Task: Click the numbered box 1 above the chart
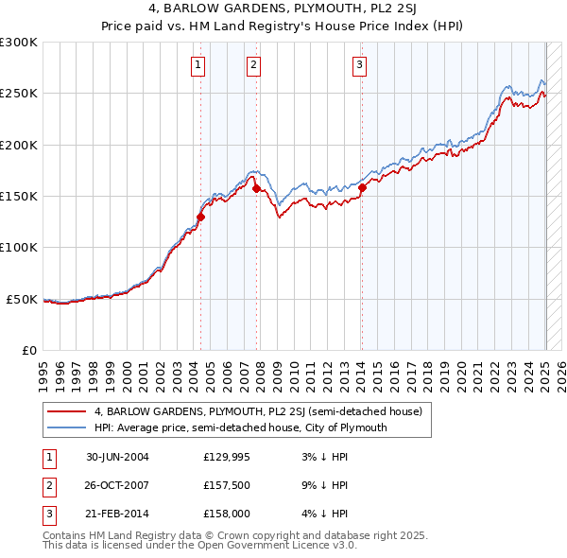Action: point(198,65)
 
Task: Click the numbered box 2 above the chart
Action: point(254,65)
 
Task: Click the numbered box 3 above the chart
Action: point(360,65)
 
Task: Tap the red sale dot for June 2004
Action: point(200,217)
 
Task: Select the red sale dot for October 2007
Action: point(256,189)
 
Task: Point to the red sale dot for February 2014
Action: point(362,188)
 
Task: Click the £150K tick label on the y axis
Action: point(19,196)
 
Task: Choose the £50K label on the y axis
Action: point(23,299)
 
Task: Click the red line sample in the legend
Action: point(66,411)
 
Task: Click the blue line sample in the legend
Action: point(66,427)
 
